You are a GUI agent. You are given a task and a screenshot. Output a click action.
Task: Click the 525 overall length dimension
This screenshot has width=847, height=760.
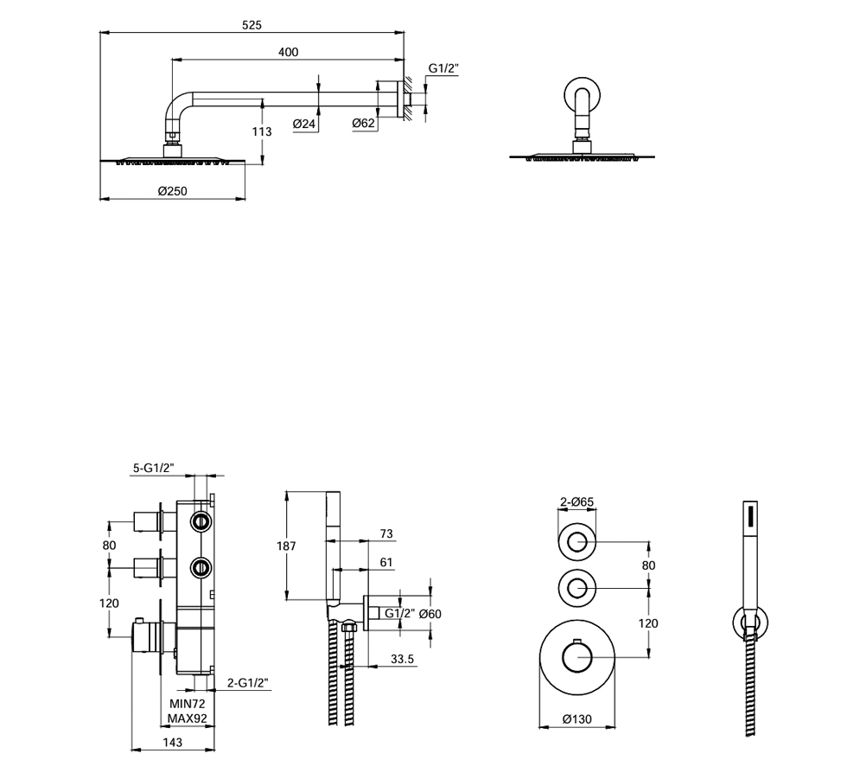pos(252,25)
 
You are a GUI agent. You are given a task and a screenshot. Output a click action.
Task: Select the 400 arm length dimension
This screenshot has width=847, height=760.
pos(288,53)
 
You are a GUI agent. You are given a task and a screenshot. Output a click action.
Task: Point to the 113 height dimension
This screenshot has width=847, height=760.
pos(263,131)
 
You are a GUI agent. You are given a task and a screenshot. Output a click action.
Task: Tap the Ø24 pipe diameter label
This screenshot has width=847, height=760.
pos(305,124)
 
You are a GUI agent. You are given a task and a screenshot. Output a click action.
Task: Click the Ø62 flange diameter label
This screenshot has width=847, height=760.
pos(364,124)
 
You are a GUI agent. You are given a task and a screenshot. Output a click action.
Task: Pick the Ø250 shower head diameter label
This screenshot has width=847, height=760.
pos(173,191)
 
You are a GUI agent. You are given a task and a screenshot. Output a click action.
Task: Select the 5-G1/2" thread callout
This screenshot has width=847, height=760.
pos(154,468)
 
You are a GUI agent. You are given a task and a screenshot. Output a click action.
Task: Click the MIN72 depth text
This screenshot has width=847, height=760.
pos(187,705)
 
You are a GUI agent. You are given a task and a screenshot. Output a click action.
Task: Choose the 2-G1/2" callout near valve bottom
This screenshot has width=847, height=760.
pos(248,683)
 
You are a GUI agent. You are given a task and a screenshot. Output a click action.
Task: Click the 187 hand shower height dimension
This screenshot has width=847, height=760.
pos(286,546)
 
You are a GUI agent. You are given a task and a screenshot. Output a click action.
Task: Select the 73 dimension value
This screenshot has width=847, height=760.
pos(385,534)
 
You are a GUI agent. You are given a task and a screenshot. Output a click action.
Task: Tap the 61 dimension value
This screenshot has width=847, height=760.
pos(385,563)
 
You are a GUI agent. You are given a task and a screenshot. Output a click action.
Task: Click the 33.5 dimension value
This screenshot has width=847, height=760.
pos(403,659)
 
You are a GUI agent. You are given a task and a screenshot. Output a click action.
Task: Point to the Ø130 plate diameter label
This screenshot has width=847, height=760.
pos(576,718)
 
